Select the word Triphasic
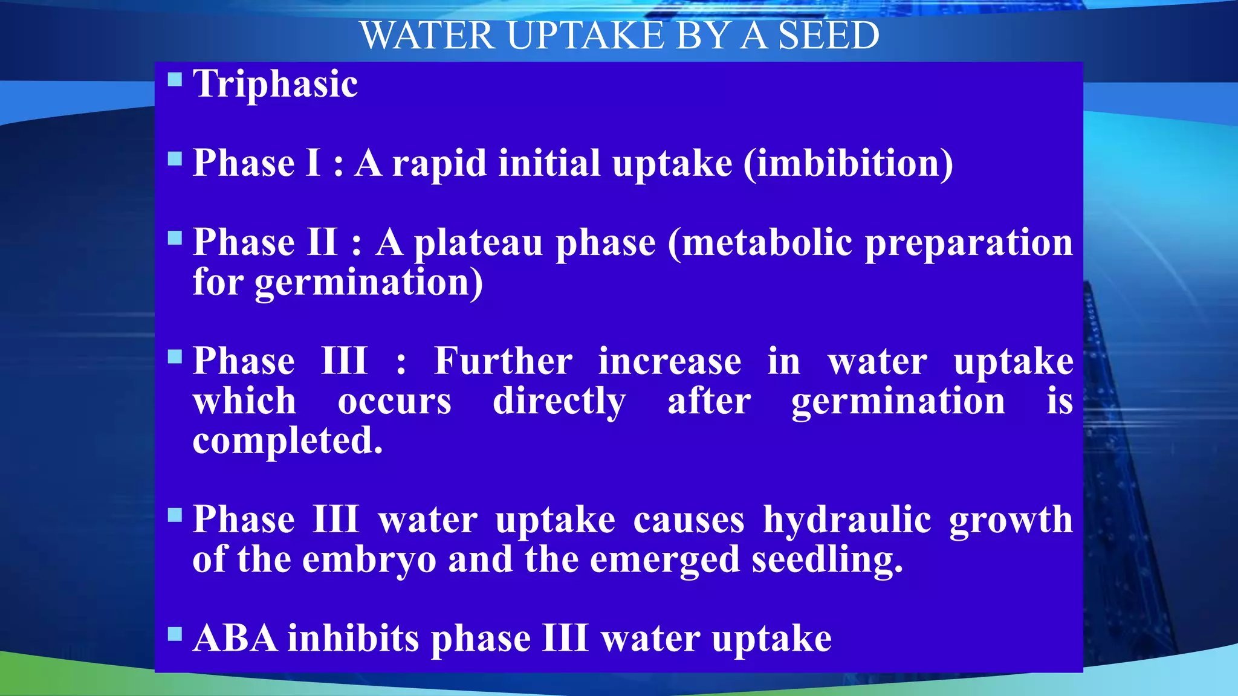[x=275, y=83]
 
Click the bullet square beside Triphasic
[x=175, y=79]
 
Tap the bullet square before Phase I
[x=175, y=159]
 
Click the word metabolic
[x=760, y=243]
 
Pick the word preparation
[x=968, y=243]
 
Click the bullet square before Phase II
[x=175, y=238]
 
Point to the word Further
[x=503, y=361]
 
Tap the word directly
[x=559, y=401]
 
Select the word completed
[x=288, y=440]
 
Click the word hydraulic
[x=847, y=520]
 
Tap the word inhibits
[x=353, y=639]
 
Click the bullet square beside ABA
[x=175, y=634]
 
